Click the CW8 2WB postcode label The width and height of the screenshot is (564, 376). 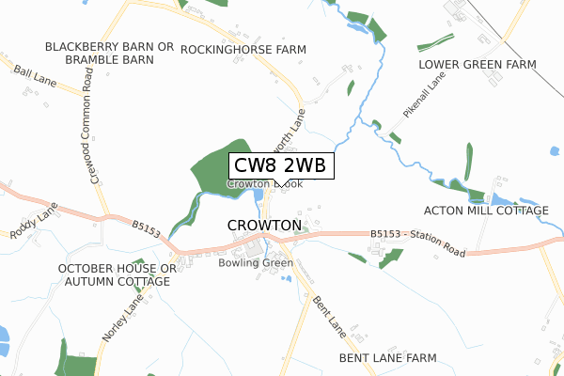(280, 165)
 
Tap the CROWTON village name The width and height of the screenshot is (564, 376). (264, 226)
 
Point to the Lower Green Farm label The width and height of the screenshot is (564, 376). (477, 64)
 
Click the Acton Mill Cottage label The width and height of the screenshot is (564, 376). (485, 211)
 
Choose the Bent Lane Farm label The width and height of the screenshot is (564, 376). (388, 358)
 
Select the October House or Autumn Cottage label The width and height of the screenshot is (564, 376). (117, 274)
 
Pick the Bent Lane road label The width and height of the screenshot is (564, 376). (331, 317)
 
